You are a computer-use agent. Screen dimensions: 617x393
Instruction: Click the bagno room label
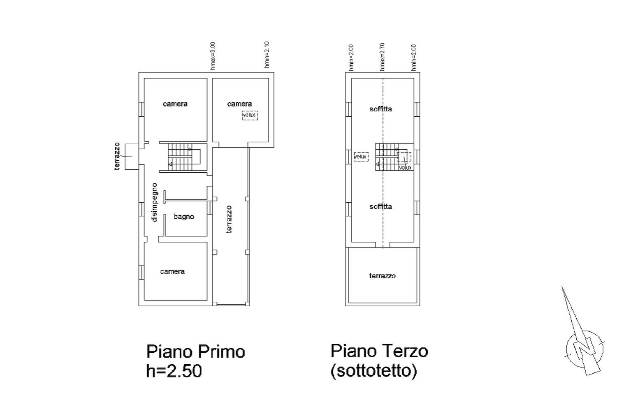coord(184,217)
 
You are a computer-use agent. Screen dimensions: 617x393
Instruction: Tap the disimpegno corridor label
coord(154,202)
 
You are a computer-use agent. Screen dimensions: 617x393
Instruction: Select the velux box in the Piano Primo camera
coord(250,116)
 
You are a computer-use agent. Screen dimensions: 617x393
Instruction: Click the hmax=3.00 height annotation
coord(213,56)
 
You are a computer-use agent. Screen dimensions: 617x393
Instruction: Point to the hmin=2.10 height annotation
coord(267,55)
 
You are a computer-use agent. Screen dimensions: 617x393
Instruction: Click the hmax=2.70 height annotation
coord(382,57)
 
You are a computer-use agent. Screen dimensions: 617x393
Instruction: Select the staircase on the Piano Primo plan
coord(184,157)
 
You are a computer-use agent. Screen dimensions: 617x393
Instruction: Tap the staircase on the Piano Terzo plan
coord(394,157)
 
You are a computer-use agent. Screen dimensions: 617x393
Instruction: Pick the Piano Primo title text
coord(195,352)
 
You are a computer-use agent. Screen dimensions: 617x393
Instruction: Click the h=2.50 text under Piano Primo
coord(174,371)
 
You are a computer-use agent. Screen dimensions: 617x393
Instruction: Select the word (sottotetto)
coord(374,371)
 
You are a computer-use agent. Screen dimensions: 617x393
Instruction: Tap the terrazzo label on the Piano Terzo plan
coord(382,276)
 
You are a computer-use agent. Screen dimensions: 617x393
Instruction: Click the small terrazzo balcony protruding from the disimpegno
coord(132,157)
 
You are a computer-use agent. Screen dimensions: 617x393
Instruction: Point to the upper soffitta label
coord(380,109)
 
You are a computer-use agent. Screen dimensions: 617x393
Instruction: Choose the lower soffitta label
coord(380,207)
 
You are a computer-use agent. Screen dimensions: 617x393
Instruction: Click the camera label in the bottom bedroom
coord(172,272)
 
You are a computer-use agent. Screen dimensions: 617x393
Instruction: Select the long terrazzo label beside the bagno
coord(229,220)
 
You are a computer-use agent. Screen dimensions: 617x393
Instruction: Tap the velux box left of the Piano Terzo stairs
coord(361,157)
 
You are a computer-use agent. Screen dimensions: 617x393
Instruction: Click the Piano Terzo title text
coord(379,351)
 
